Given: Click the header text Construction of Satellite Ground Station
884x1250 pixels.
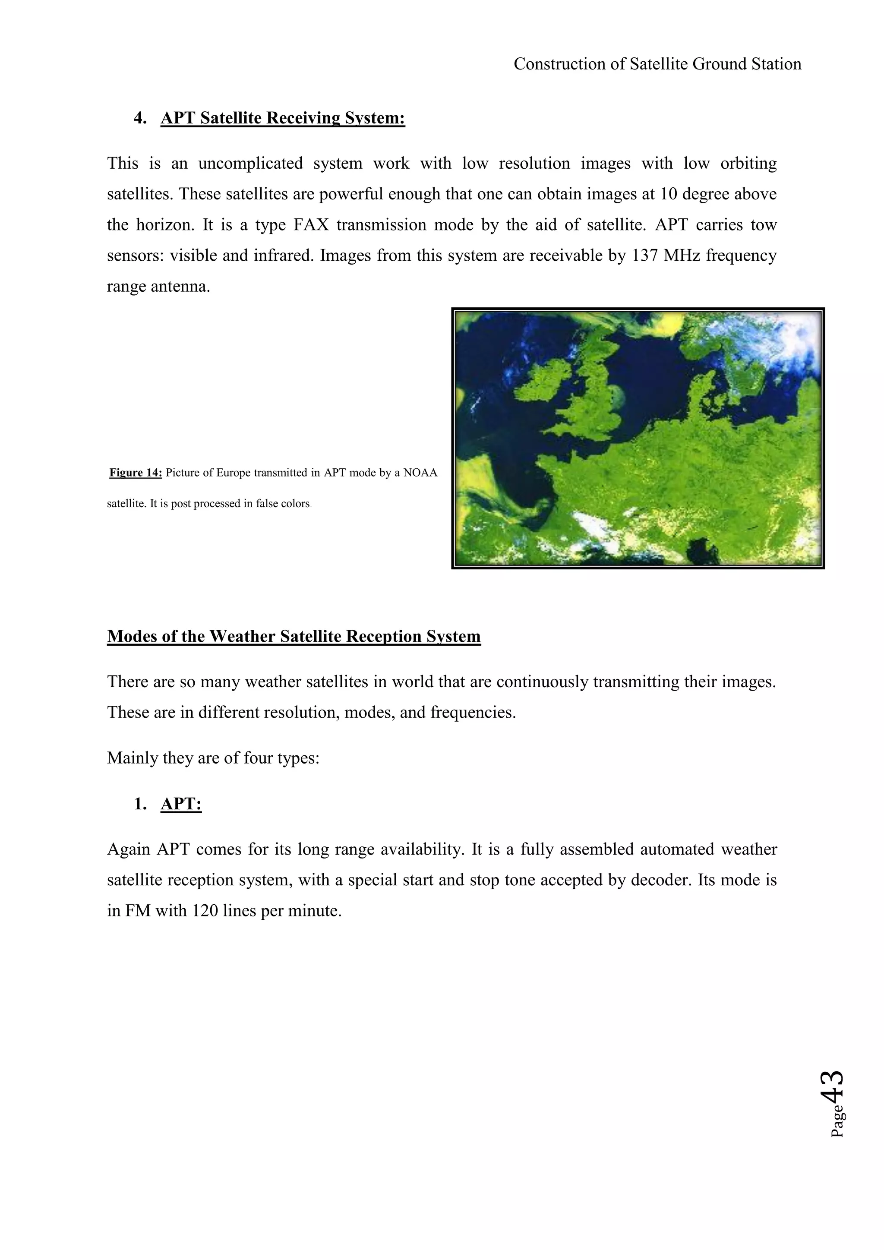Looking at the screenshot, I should (x=657, y=64).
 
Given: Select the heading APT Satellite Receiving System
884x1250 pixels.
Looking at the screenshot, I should (x=283, y=118).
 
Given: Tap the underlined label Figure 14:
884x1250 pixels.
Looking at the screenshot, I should (x=136, y=473).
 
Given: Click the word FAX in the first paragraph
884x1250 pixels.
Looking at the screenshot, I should (x=311, y=225).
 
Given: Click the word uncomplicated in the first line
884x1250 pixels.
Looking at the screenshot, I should (x=250, y=163).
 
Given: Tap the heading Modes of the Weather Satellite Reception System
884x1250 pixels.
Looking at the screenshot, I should (x=294, y=636).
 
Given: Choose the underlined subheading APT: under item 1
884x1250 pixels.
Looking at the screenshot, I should (x=181, y=804).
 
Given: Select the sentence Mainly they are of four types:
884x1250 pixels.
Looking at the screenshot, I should (x=213, y=758).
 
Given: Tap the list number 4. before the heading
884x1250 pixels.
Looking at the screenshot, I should (x=140, y=118).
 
